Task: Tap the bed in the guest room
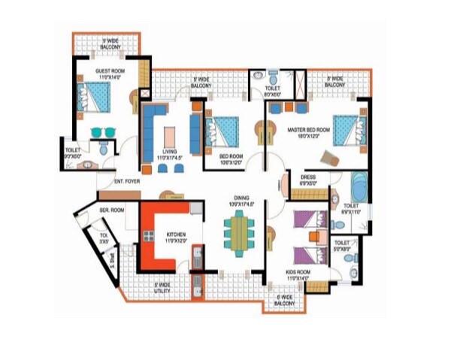tap(95, 97)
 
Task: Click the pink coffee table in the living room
tap(170, 135)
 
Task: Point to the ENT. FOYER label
tap(129, 181)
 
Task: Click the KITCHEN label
tap(177, 237)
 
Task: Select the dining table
tap(239, 233)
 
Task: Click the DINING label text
tap(241, 199)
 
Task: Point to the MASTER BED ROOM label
tap(309, 132)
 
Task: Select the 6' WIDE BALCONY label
tap(284, 300)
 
